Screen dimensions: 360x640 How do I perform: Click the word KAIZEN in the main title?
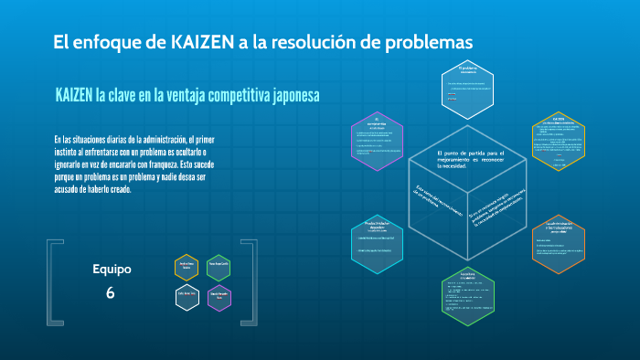tap(198, 42)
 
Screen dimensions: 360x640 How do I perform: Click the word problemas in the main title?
tap(426, 42)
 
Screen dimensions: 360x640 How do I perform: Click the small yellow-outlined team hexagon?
tap(187, 267)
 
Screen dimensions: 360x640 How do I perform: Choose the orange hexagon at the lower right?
tap(558, 244)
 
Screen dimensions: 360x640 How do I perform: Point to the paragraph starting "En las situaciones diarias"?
tap(133, 164)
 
